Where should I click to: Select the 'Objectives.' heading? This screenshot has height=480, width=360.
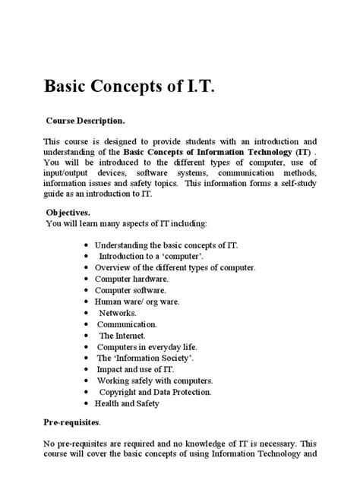point(68,213)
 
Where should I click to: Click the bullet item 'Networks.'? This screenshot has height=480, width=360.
point(118,312)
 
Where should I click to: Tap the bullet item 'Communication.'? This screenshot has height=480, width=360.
point(126,324)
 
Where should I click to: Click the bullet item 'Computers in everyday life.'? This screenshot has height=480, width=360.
point(147,346)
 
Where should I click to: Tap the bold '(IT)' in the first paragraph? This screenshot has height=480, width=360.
point(300,152)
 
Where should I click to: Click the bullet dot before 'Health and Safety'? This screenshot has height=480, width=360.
point(87,404)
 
